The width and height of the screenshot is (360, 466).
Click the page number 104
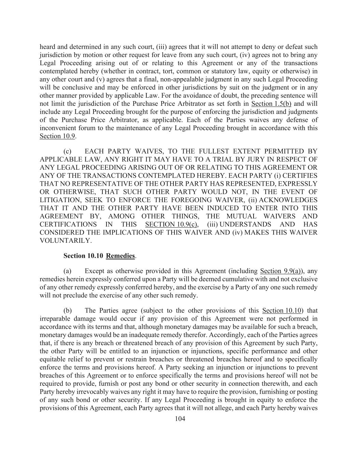click(x=180, y=419)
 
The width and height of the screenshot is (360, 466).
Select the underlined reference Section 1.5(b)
click(x=271, y=104)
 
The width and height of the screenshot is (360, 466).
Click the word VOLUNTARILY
click(x=66, y=241)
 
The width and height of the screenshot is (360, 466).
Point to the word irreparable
click(x=54, y=319)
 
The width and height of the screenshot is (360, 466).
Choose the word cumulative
click(x=229, y=279)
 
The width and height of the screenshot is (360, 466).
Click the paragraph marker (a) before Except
click(x=68, y=271)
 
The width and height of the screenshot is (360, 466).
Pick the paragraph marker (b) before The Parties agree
click(x=68, y=311)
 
